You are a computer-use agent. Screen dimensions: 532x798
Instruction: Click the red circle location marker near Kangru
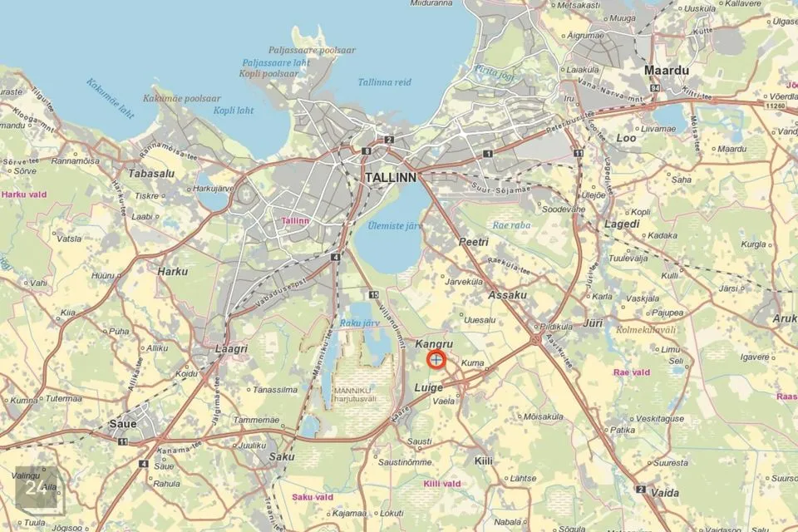click(436, 360)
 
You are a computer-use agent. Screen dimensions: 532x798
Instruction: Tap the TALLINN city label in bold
click(391, 178)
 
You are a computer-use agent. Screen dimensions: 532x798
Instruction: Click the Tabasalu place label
click(150, 174)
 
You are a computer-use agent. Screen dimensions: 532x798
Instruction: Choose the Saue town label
click(122, 424)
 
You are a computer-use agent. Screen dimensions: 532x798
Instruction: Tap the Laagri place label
click(231, 349)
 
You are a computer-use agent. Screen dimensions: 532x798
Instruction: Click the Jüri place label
click(594, 322)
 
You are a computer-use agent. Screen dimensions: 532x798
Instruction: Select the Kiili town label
click(483, 461)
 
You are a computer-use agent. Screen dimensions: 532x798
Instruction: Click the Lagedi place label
click(622, 224)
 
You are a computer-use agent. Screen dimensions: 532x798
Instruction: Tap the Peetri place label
click(473, 242)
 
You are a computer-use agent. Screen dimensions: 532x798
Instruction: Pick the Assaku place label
click(508, 295)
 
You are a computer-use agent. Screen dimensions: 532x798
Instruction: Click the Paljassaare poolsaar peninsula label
click(312, 50)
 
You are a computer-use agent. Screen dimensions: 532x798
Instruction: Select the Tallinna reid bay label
click(384, 82)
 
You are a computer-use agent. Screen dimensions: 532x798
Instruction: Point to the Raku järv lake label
click(359, 323)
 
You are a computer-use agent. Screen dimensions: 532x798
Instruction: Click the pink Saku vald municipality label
click(313, 497)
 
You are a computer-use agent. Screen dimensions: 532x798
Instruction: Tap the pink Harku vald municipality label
click(24, 195)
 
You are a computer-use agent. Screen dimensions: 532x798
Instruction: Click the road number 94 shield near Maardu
click(656, 87)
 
